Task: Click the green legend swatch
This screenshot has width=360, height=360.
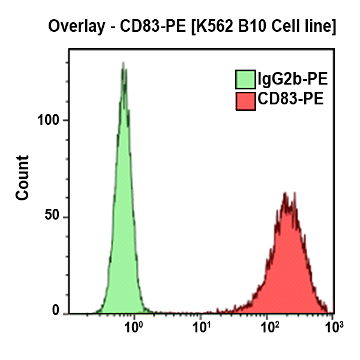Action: point(245,79)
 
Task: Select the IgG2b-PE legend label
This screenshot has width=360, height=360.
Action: point(292,79)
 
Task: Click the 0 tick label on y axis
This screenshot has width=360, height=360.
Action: point(58,312)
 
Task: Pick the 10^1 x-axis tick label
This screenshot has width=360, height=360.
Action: point(203,327)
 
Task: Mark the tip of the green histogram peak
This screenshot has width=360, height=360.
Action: point(123,63)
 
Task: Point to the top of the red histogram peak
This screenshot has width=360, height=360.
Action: point(287,194)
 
